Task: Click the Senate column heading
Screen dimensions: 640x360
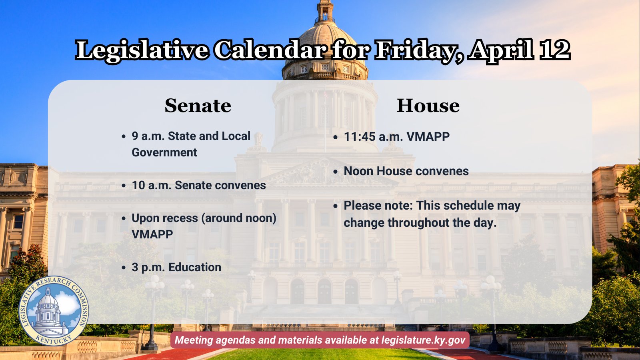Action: coord(198,106)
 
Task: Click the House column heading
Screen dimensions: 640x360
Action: coord(428,106)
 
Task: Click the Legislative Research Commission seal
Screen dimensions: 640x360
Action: coord(54,310)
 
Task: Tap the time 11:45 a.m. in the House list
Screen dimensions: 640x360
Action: coord(374,136)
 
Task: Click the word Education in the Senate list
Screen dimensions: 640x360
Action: coord(195,268)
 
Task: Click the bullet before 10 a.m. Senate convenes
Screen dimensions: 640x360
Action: coord(124,186)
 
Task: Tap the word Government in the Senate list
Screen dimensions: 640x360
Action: coord(164,152)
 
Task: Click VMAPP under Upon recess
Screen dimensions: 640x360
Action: coord(152,234)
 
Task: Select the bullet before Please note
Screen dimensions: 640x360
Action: coord(336,206)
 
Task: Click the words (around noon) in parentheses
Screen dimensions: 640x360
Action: coord(239,218)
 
